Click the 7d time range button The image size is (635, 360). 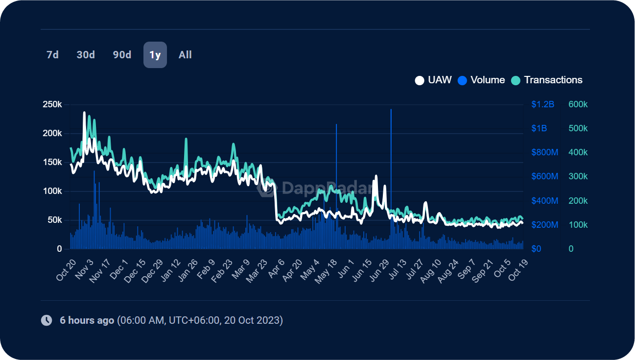[52, 55]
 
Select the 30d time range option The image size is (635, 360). [86, 55]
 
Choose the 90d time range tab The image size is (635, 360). [122, 55]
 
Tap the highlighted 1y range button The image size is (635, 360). [155, 55]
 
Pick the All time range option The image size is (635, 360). [185, 55]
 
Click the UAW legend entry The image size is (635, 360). [433, 80]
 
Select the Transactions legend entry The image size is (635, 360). [547, 80]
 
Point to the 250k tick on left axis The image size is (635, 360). [52, 105]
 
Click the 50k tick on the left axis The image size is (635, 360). [54, 220]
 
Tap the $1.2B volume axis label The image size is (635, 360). [542, 105]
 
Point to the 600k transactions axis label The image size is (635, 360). [578, 105]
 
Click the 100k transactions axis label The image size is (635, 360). [578, 225]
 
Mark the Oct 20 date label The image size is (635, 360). [66, 270]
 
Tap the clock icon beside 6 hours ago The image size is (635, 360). [47, 321]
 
